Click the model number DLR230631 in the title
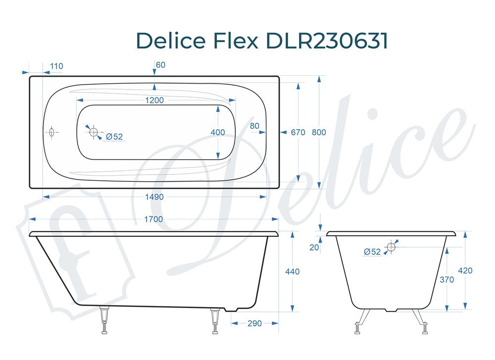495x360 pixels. pos(327,41)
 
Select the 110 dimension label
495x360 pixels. pos(56,66)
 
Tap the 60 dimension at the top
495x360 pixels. pos(160,65)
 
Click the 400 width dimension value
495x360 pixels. pos(217,132)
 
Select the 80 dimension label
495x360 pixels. pos(255,126)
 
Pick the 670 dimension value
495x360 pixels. pos(297,132)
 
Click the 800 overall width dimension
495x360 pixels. pos(319,132)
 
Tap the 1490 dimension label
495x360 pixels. pos(154,197)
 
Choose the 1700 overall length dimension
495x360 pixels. pos(154,219)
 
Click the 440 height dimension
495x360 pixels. pos(293,271)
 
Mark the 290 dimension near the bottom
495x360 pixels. pos(254,323)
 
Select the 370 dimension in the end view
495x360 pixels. pos(447,279)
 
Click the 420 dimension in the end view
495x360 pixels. pos(466,271)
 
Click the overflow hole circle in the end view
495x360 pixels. pos(392,247)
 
